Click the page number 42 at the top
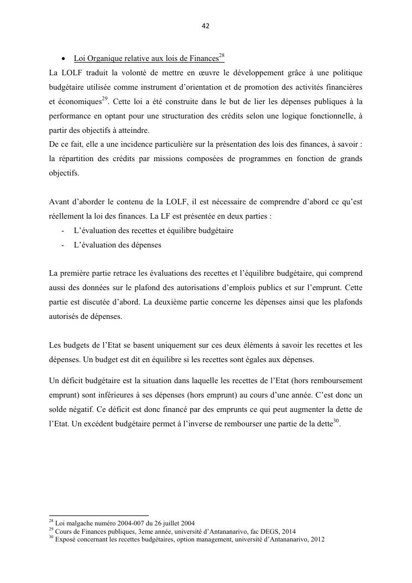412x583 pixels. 206,26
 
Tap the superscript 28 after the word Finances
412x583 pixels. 221,56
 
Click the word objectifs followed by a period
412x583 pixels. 64,173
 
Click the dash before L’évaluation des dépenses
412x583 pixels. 64,245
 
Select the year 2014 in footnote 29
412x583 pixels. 288,531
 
